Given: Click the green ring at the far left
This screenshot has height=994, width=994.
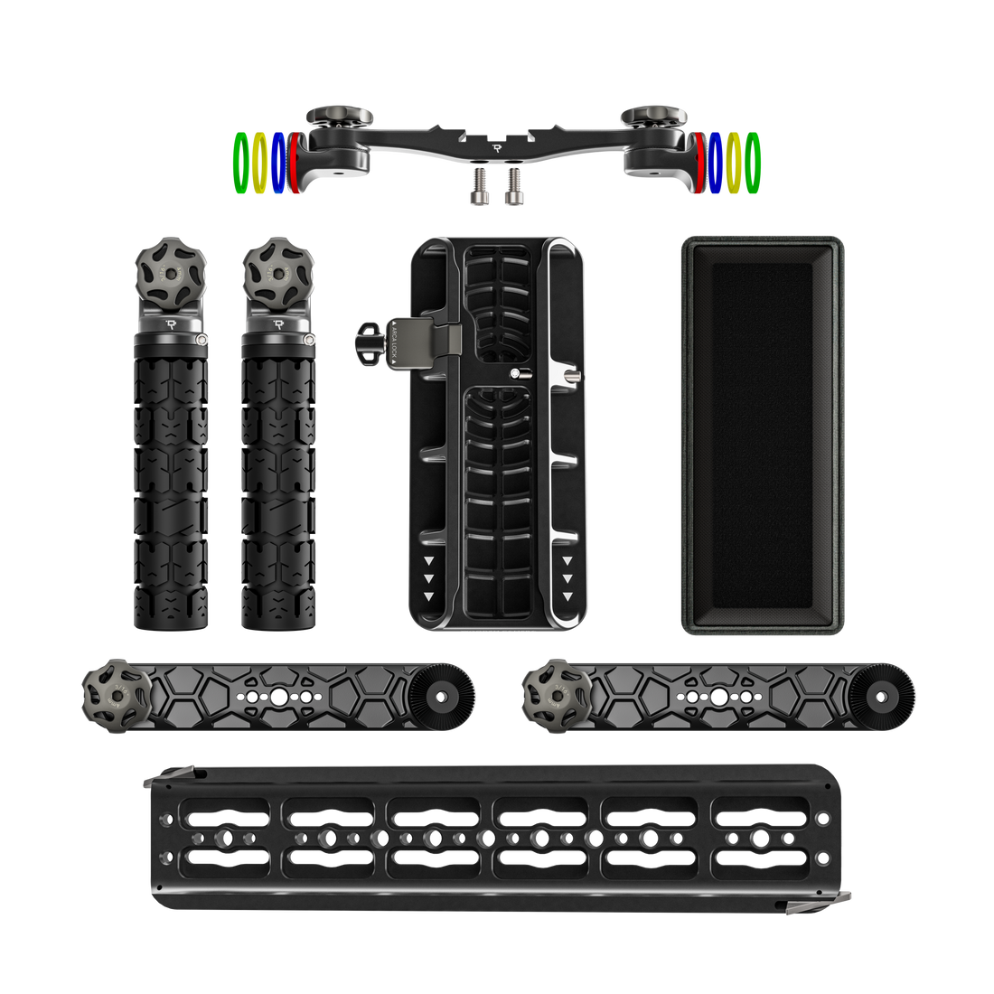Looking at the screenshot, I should pyautogui.click(x=241, y=163).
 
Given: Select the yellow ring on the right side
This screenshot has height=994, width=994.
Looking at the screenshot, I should pyautogui.click(x=734, y=163).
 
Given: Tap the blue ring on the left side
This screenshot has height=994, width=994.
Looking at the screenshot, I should pyautogui.click(x=277, y=163).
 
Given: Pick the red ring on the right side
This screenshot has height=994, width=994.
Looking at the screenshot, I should pyautogui.click(x=701, y=163).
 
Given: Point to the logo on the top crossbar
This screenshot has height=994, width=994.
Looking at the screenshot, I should pyautogui.click(x=496, y=146).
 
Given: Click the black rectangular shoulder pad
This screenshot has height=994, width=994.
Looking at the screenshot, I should pyautogui.click(x=762, y=435).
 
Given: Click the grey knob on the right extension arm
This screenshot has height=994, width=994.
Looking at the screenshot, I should pyautogui.click(x=549, y=695).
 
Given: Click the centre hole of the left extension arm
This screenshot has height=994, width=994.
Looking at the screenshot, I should pyautogui.click(x=278, y=697).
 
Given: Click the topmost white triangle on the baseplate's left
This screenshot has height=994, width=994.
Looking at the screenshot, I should pyautogui.click(x=428, y=559).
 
